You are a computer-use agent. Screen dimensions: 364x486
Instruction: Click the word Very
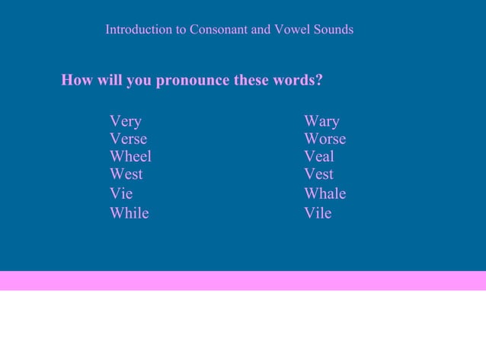(x=125, y=121)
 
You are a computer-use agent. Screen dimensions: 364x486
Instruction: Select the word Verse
(x=128, y=139)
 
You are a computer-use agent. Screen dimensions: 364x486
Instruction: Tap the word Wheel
(x=130, y=156)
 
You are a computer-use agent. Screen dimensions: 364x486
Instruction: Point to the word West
(x=126, y=174)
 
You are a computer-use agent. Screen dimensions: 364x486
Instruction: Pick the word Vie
(x=120, y=193)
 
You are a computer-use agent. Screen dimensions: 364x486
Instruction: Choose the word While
(x=129, y=213)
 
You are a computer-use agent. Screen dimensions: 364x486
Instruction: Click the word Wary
(x=321, y=121)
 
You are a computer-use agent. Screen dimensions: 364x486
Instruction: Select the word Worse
(x=325, y=139)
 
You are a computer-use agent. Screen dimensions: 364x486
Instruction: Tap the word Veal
(x=318, y=156)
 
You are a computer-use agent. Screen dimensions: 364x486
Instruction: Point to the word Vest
(x=318, y=174)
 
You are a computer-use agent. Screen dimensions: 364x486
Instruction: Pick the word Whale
(x=325, y=193)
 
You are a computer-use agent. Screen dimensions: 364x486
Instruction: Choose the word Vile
(x=317, y=213)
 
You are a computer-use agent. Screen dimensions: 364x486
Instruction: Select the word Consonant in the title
(x=219, y=30)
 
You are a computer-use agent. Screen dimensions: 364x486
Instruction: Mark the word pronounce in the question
(x=192, y=81)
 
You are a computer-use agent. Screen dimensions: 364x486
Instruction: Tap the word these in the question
(x=251, y=80)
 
